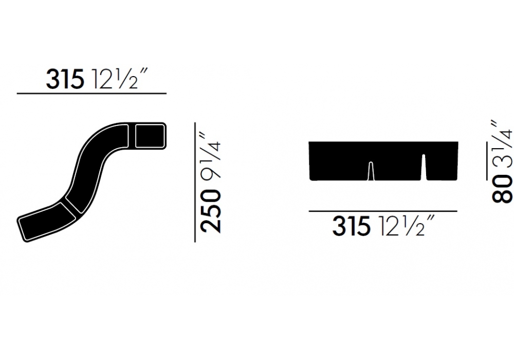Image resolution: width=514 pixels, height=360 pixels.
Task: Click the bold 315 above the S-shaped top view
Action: (x=65, y=79)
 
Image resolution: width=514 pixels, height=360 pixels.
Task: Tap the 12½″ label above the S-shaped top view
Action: (x=116, y=78)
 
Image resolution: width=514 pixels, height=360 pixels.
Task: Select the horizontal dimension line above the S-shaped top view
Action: (x=92, y=94)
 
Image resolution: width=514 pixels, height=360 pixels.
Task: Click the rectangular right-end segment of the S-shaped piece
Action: (x=150, y=136)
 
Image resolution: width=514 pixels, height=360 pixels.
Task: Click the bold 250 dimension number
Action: (x=210, y=212)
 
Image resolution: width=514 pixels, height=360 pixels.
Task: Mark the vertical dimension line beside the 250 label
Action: (x=195, y=182)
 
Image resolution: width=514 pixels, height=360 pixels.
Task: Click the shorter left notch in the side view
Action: (x=371, y=171)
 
